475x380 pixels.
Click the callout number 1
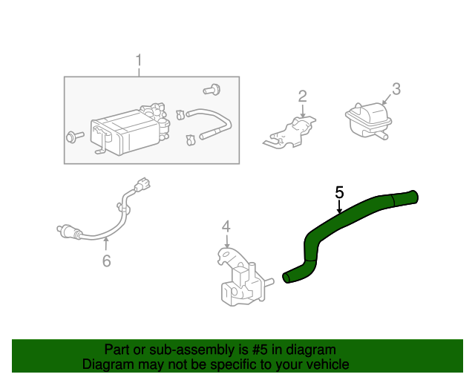pos(138,60)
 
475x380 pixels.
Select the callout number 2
pos(302,96)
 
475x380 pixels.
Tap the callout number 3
pos(396,89)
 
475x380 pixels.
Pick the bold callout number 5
pos(339,192)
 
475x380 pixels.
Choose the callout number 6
pos(106,261)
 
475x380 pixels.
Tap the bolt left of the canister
pos(75,137)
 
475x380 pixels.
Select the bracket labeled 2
pos(293,132)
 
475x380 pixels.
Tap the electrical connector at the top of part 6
pos(144,183)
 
